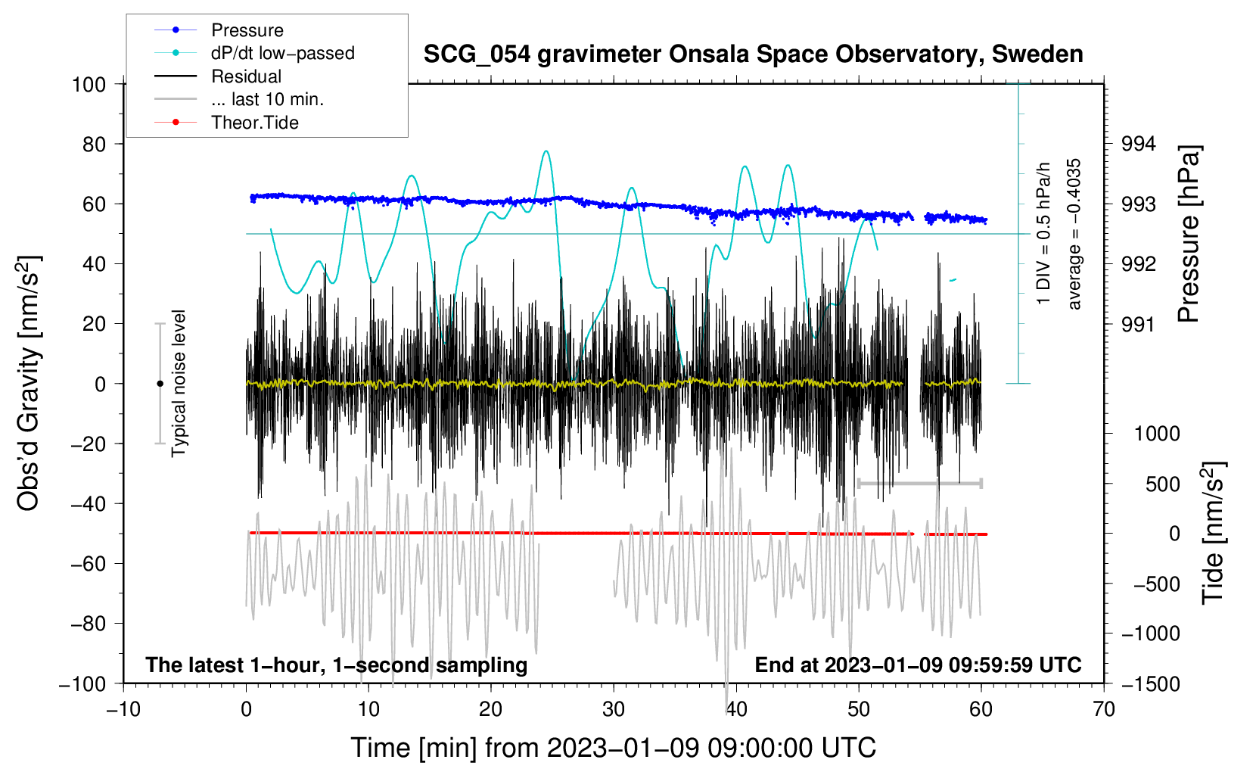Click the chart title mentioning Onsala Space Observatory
click(x=753, y=54)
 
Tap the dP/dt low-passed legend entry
click(x=282, y=53)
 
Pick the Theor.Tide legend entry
click(x=254, y=123)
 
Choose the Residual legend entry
click(x=246, y=76)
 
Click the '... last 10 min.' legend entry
click(x=267, y=99)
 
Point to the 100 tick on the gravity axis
click(x=89, y=84)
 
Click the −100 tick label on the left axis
click(x=82, y=683)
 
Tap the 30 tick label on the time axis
click(x=614, y=709)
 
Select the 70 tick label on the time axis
click(x=1104, y=709)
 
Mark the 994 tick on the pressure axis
click(x=1139, y=144)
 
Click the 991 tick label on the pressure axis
click(x=1139, y=325)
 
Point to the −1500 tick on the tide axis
click(x=1150, y=683)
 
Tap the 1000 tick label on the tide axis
click(x=1157, y=434)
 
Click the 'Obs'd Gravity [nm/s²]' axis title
click(x=29, y=384)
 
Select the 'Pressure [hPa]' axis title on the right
click(x=1189, y=235)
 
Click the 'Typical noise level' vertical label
click(x=179, y=383)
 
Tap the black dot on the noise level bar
click(x=160, y=384)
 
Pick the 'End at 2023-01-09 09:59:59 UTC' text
click(x=918, y=665)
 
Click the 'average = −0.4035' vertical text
click(x=1074, y=234)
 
